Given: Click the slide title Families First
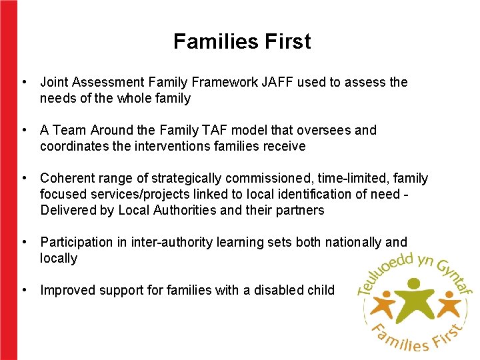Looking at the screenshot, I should click(x=242, y=42).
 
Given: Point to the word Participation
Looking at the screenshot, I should click(x=75, y=243).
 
